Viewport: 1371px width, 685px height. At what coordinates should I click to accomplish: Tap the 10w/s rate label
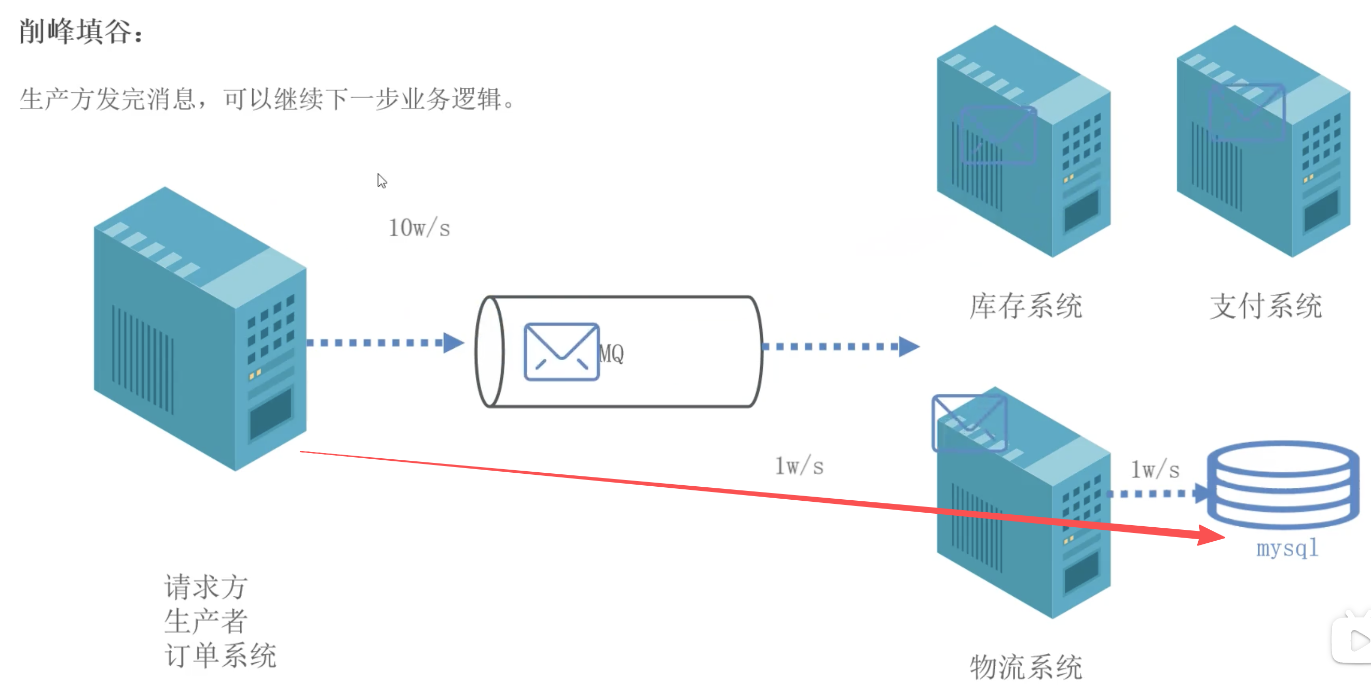[x=419, y=228]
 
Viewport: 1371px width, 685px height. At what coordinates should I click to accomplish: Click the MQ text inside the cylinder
[x=611, y=353]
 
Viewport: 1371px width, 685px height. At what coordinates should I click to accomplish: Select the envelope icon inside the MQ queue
[x=561, y=352]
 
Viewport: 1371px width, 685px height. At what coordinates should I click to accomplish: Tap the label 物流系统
[x=1025, y=666]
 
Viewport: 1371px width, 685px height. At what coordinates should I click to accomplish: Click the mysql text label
[x=1287, y=547]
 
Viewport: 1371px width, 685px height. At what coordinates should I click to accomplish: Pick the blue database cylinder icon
[x=1283, y=484]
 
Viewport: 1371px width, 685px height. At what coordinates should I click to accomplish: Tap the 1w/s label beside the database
[x=1155, y=470]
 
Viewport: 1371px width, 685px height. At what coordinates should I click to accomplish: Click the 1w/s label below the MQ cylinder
[x=799, y=466]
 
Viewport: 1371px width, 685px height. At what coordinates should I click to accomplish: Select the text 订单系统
[x=221, y=655]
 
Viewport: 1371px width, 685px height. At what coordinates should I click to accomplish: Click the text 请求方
[x=206, y=587]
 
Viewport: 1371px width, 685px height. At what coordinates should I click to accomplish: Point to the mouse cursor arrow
[x=381, y=181]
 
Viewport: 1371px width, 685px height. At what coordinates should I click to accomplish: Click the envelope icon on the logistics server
[x=969, y=423]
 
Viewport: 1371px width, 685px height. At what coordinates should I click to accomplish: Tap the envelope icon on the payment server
[x=1247, y=112]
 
